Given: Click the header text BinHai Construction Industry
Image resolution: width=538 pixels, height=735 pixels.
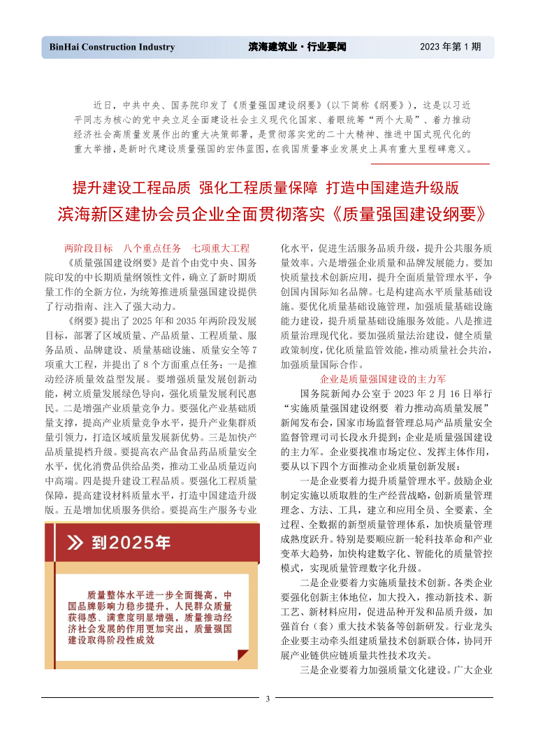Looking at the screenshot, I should click(112, 48).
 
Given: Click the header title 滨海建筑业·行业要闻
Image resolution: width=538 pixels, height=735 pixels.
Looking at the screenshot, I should click(298, 48).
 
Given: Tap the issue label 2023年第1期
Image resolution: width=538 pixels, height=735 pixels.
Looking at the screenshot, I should click(450, 48).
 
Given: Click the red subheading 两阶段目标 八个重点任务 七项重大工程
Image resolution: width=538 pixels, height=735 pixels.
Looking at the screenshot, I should click(157, 248).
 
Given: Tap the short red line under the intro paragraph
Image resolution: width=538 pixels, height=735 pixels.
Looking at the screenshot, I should click(430, 164).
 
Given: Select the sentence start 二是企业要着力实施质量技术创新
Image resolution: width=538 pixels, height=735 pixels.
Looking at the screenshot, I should click(377, 582).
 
